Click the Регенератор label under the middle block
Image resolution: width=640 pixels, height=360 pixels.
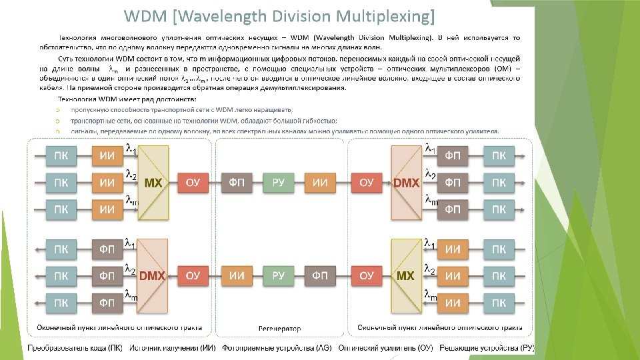click(x=279, y=328)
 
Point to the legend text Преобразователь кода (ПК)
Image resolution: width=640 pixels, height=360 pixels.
click(x=75, y=348)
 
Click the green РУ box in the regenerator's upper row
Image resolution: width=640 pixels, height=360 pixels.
click(x=279, y=183)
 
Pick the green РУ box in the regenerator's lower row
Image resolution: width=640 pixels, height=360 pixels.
click(x=279, y=275)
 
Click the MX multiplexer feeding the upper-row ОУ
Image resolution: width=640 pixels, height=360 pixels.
click(x=153, y=183)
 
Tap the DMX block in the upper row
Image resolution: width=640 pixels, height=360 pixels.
click(x=406, y=183)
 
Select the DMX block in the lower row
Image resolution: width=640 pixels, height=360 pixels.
click(x=153, y=275)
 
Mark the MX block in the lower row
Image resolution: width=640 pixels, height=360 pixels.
click(x=405, y=275)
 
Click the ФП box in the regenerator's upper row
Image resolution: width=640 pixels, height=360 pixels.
click(x=236, y=183)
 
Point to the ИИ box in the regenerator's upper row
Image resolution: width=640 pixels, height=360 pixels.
click(x=321, y=183)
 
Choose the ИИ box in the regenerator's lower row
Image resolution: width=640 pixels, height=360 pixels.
click(x=236, y=275)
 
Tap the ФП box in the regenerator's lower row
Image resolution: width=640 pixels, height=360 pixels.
click(x=321, y=275)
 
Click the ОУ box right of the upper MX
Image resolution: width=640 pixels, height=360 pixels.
click(x=193, y=183)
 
